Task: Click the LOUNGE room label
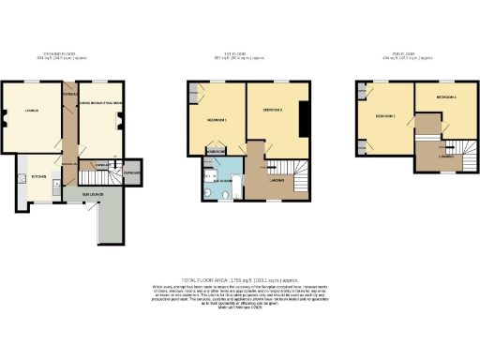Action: (x=30, y=115)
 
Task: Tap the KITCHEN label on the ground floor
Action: (x=39, y=175)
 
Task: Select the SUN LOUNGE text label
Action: (x=91, y=194)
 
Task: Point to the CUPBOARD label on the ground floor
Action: (x=131, y=172)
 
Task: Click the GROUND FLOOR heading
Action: (x=52, y=55)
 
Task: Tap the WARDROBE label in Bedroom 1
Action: (x=215, y=150)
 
